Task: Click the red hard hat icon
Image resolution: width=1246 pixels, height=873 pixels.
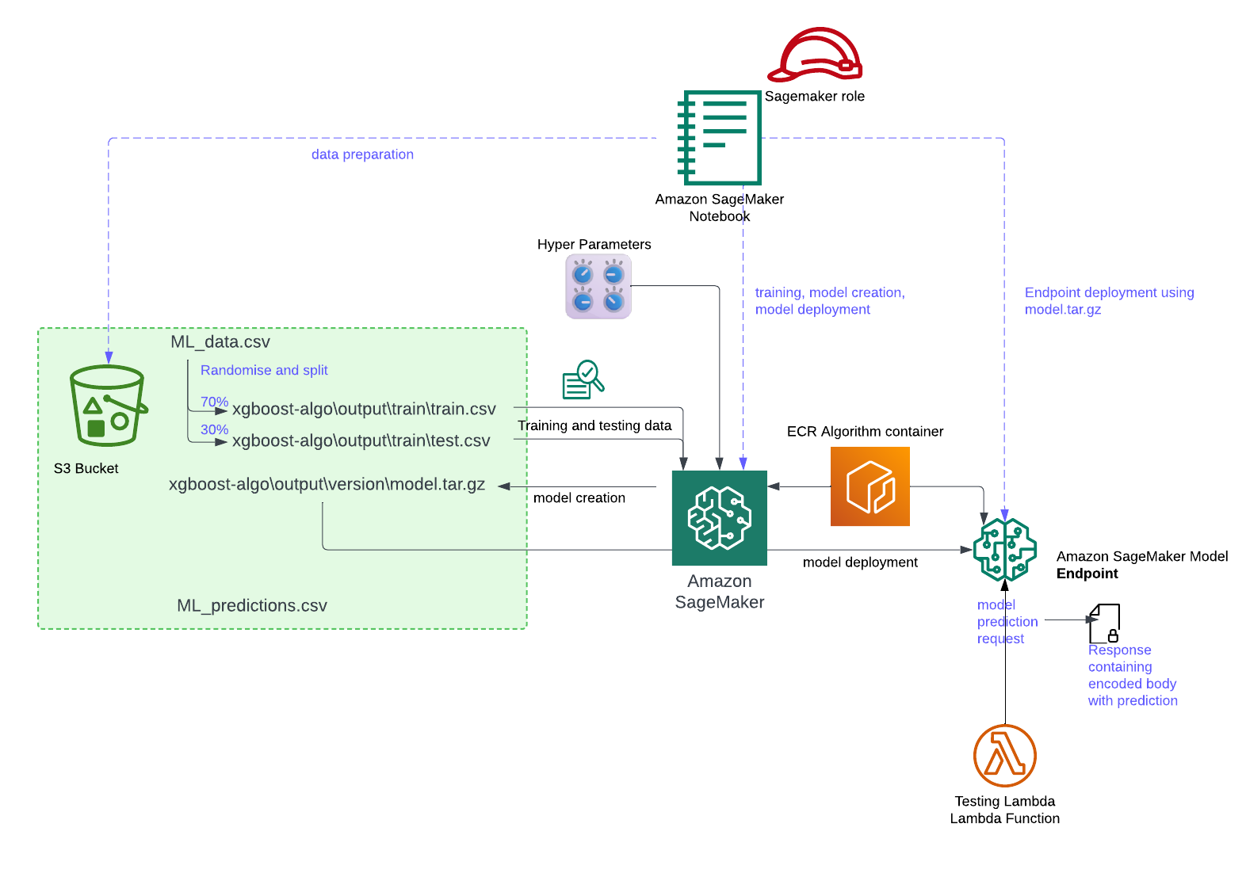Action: coord(816,55)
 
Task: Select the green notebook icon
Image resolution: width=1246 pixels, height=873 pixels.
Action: coord(720,138)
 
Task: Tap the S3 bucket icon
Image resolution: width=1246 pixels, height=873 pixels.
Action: coord(107,406)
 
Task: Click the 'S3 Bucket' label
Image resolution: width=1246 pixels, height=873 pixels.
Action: coord(86,469)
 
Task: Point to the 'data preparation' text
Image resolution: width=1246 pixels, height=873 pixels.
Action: coord(362,154)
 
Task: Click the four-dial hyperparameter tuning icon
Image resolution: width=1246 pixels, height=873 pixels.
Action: coord(598,286)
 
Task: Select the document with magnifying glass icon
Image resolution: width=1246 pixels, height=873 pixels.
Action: coord(583,380)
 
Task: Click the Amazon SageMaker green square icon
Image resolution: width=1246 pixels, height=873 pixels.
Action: coord(719,518)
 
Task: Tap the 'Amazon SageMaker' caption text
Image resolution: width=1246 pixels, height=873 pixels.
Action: coord(719,592)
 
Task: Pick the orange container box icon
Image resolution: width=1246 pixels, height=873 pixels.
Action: coord(870,486)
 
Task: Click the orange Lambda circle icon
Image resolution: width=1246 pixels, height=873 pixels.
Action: coord(1004,756)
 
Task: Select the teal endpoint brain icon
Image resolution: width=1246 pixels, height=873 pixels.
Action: coord(1004,549)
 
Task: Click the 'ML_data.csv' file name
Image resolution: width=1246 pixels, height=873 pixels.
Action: coord(220,342)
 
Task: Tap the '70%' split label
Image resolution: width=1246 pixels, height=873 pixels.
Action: coord(214,402)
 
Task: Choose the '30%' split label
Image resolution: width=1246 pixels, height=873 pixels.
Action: coord(214,429)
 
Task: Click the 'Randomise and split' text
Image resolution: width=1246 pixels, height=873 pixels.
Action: coord(264,370)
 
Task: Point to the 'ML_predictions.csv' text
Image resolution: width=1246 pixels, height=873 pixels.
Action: coord(252,606)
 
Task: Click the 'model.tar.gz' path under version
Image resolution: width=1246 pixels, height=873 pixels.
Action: coord(327,485)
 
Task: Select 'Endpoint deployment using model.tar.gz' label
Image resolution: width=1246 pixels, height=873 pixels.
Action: coord(1108,301)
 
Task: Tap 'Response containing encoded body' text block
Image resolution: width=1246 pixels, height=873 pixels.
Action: coord(1131,675)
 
